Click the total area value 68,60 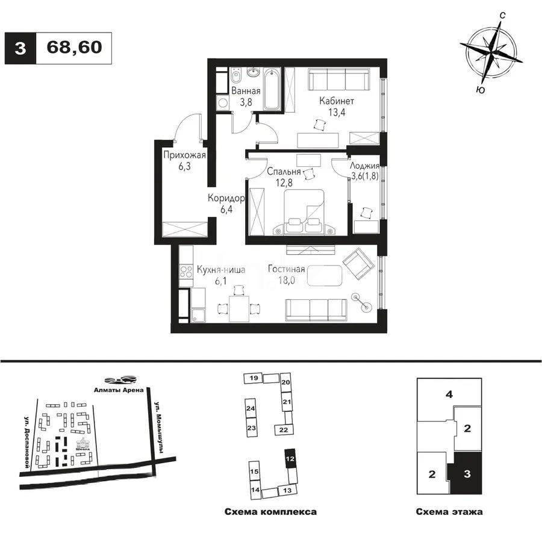[73, 48]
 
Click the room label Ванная [246, 92]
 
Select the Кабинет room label [337, 101]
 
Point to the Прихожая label [184, 156]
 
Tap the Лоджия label [365, 166]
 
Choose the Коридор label [226, 198]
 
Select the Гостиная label [287, 270]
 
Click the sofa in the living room [316, 309]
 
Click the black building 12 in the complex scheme [290, 458]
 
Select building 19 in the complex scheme [254, 378]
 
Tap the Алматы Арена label [118, 390]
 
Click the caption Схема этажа [449, 512]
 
